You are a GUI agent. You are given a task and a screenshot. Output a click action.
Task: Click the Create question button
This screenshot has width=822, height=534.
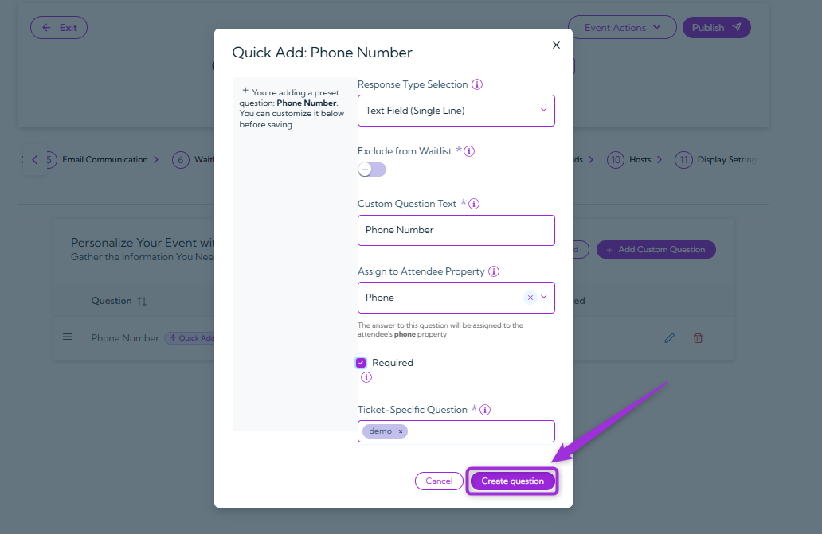[x=512, y=481]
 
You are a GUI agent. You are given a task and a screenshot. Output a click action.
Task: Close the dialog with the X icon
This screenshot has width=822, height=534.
[x=556, y=45]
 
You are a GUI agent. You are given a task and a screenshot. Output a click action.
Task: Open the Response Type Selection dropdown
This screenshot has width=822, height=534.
[x=456, y=111]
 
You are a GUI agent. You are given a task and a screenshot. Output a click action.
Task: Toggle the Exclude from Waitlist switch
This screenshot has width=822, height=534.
[x=372, y=170]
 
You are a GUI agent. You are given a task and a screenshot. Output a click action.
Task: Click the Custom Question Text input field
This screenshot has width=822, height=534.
[x=456, y=230]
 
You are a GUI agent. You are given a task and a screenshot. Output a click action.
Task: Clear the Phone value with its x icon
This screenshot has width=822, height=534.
[x=530, y=298]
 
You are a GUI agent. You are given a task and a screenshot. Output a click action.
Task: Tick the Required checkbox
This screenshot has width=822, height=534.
[x=361, y=363]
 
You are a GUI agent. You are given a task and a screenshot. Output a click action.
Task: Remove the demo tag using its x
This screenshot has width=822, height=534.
[x=401, y=431]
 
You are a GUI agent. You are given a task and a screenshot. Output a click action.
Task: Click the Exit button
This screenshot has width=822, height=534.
[x=59, y=28]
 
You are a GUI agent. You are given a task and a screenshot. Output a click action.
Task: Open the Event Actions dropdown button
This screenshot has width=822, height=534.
[x=622, y=28]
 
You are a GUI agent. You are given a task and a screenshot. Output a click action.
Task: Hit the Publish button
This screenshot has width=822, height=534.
[x=716, y=28]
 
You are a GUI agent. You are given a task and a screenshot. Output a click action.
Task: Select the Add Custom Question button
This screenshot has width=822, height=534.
[x=656, y=250]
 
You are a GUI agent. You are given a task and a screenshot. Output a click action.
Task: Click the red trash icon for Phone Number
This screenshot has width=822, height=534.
[x=698, y=338]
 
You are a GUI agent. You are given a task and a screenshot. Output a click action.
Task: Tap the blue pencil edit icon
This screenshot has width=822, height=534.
[x=669, y=338]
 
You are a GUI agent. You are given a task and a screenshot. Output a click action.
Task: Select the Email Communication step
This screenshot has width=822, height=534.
[x=104, y=160]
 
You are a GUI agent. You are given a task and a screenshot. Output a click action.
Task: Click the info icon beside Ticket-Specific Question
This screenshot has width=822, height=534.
[x=485, y=410]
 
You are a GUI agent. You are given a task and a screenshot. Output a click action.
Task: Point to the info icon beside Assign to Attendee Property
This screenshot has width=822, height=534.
[x=494, y=271]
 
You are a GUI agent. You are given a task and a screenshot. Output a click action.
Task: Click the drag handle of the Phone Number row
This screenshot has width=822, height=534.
[x=68, y=337]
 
